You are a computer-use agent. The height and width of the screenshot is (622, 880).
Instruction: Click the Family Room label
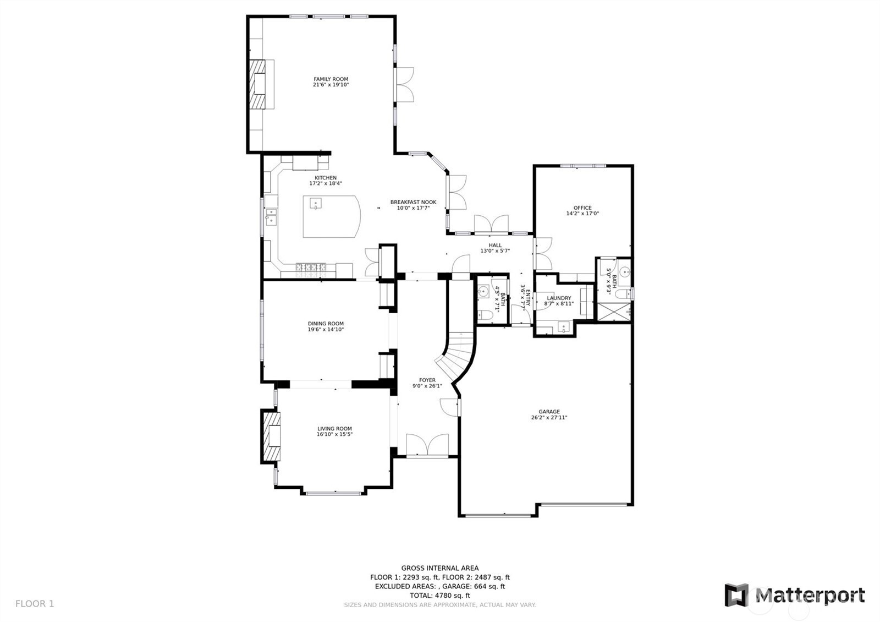(x=331, y=79)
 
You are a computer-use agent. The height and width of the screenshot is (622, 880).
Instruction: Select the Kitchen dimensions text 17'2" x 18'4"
(x=326, y=184)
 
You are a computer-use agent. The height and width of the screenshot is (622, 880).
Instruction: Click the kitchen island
(x=331, y=216)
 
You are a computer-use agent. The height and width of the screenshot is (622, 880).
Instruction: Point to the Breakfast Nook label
(x=413, y=202)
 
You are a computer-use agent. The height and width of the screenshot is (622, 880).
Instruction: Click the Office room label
(x=582, y=208)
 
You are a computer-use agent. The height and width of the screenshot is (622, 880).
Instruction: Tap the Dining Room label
(x=326, y=324)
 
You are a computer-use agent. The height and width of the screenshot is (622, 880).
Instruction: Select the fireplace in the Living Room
(x=270, y=437)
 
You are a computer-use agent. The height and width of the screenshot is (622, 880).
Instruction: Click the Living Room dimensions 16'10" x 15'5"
(x=334, y=434)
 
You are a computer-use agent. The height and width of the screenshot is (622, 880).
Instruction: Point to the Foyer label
(x=427, y=380)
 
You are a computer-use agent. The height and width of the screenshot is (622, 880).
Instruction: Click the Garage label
(x=549, y=412)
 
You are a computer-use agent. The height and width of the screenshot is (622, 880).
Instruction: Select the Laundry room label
(x=559, y=298)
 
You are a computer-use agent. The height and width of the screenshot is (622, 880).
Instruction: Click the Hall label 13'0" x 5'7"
(x=495, y=250)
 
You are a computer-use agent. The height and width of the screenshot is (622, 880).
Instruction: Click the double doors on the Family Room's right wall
(x=404, y=84)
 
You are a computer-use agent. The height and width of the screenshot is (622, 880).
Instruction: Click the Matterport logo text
(x=810, y=595)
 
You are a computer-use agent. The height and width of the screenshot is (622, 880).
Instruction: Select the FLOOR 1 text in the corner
(x=35, y=604)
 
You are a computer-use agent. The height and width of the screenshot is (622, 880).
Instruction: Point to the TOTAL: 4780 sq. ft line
(x=439, y=596)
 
